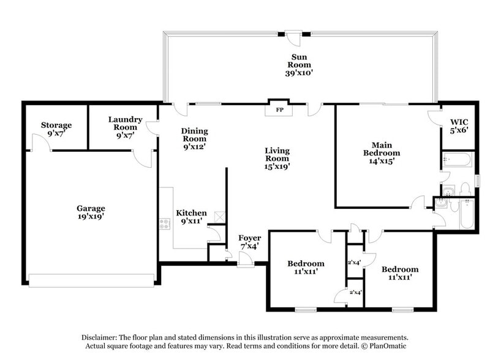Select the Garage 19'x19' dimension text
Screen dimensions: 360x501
coord(91,217)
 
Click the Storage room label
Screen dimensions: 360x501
coord(56,125)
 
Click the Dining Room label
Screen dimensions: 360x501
coord(194,135)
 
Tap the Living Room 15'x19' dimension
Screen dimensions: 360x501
coord(277,166)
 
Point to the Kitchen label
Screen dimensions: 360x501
coord(191,213)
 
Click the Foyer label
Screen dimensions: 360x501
coord(249,238)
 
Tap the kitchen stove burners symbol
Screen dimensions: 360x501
coord(164,224)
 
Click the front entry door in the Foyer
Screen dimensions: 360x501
coord(246,261)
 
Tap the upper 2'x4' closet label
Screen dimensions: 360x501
coord(355,262)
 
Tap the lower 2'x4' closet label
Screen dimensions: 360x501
coord(355,292)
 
